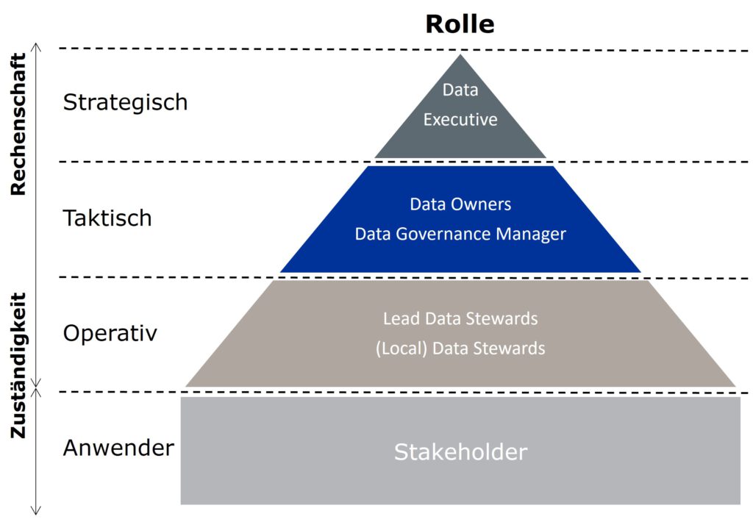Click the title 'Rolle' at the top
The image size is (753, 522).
pyautogui.click(x=460, y=24)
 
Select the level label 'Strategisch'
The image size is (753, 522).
pyautogui.click(x=125, y=102)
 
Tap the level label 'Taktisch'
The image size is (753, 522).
pyautogui.click(x=107, y=218)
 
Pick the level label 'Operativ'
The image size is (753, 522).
pyautogui.click(x=110, y=333)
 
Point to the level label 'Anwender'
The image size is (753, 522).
pyautogui.click(x=118, y=448)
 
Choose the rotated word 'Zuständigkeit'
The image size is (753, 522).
pyautogui.click(x=18, y=365)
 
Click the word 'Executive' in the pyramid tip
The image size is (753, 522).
pyautogui.click(x=460, y=119)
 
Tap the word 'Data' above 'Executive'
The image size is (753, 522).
pyautogui.click(x=460, y=90)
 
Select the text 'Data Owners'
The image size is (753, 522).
pyautogui.click(x=460, y=204)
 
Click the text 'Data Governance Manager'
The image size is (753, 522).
pyautogui.click(x=460, y=234)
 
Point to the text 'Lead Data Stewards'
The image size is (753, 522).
pyautogui.click(x=460, y=319)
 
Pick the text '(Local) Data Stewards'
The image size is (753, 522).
pyautogui.click(x=460, y=348)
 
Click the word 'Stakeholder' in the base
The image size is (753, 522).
pyautogui.click(x=460, y=451)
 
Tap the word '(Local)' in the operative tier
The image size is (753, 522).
pyautogui.click(x=402, y=348)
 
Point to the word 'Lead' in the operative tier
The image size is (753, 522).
pyautogui.click(x=399, y=319)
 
